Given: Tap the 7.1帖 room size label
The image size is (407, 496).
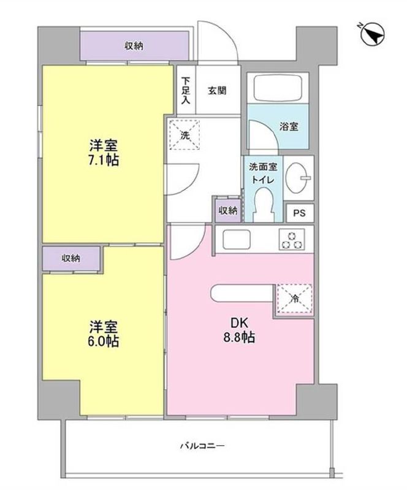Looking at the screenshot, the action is tap(104, 161).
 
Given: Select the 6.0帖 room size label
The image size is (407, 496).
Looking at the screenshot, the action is tap(104, 341).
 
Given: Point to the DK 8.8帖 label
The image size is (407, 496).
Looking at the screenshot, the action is tap(239, 330).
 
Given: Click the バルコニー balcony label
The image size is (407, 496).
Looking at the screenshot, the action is tap(202, 446).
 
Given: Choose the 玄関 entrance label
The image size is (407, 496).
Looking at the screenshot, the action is tap(217, 91).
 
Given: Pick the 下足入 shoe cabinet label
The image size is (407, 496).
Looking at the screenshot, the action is tap(185, 91).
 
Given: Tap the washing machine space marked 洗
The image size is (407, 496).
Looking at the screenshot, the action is tap(185, 134).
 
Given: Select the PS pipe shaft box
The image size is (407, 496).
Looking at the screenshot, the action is tap(300, 213).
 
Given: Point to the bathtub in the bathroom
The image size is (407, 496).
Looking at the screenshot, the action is tap(278, 88).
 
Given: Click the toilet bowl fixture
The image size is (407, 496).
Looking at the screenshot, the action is tap(264, 205).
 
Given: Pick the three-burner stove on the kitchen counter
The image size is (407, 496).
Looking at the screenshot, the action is tap(292, 240).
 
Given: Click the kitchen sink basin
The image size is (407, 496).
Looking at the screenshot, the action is tap(237, 239).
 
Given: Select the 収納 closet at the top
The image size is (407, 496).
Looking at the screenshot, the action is tap(134, 46).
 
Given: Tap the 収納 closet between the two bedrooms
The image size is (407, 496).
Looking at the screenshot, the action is tap(72, 259).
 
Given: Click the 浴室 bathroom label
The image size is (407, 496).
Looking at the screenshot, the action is tap(289, 126).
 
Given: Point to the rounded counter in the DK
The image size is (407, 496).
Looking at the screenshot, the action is tap(242, 293).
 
